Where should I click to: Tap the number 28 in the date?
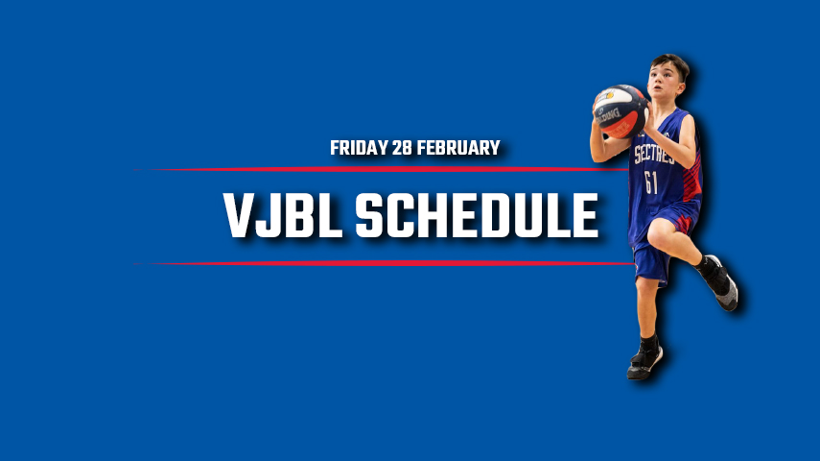pos(402,148)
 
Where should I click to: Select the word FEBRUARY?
pos(458,148)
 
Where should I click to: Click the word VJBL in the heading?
pos(282,215)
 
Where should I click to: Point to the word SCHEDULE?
pos(477,215)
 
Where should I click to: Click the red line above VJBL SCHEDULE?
pos(382,170)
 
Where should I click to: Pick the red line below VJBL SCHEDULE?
pos(385,263)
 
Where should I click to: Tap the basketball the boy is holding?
pos(621,111)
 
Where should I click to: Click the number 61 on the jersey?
pos(651,182)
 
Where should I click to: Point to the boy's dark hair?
pos(671,64)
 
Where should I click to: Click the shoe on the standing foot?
pos(644,361)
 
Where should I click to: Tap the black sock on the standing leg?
pos(649,343)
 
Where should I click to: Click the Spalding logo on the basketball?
pos(608,116)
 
